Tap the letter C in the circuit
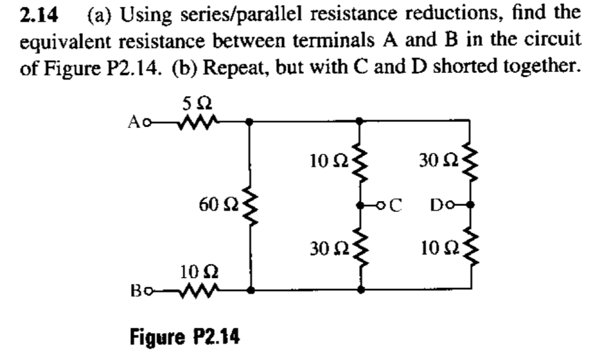pyautogui.click(x=396, y=205)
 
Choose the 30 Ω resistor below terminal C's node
pyautogui.click(x=360, y=248)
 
